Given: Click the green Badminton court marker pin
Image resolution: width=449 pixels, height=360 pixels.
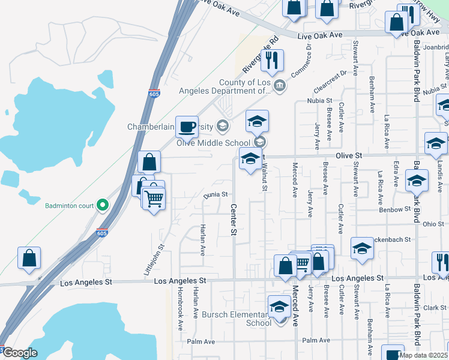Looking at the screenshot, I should pyautogui.click(x=103, y=205).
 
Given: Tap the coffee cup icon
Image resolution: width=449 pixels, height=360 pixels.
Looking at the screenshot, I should pyautogui.click(x=187, y=126).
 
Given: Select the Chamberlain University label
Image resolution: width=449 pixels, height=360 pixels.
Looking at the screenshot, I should pyautogui.click(x=170, y=127).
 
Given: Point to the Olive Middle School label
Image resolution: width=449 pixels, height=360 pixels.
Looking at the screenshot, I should pyautogui.click(x=213, y=142).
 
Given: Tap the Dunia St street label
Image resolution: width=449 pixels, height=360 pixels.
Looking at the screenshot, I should pyautogui.click(x=216, y=194).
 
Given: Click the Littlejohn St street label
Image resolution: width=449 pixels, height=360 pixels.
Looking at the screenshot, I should pyautogui.click(x=153, y=260).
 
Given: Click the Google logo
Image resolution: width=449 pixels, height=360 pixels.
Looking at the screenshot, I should pyautogui.click(x=20, y=353).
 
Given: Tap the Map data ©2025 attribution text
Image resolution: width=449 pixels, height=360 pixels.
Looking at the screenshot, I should pyautogui.click(x=423, y=355).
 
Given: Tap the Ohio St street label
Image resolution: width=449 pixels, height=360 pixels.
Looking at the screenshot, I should pyautogui.click(x=432, y=224).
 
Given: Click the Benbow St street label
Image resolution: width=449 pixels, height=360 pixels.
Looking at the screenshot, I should pyautogui.click(x=394, y=209).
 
